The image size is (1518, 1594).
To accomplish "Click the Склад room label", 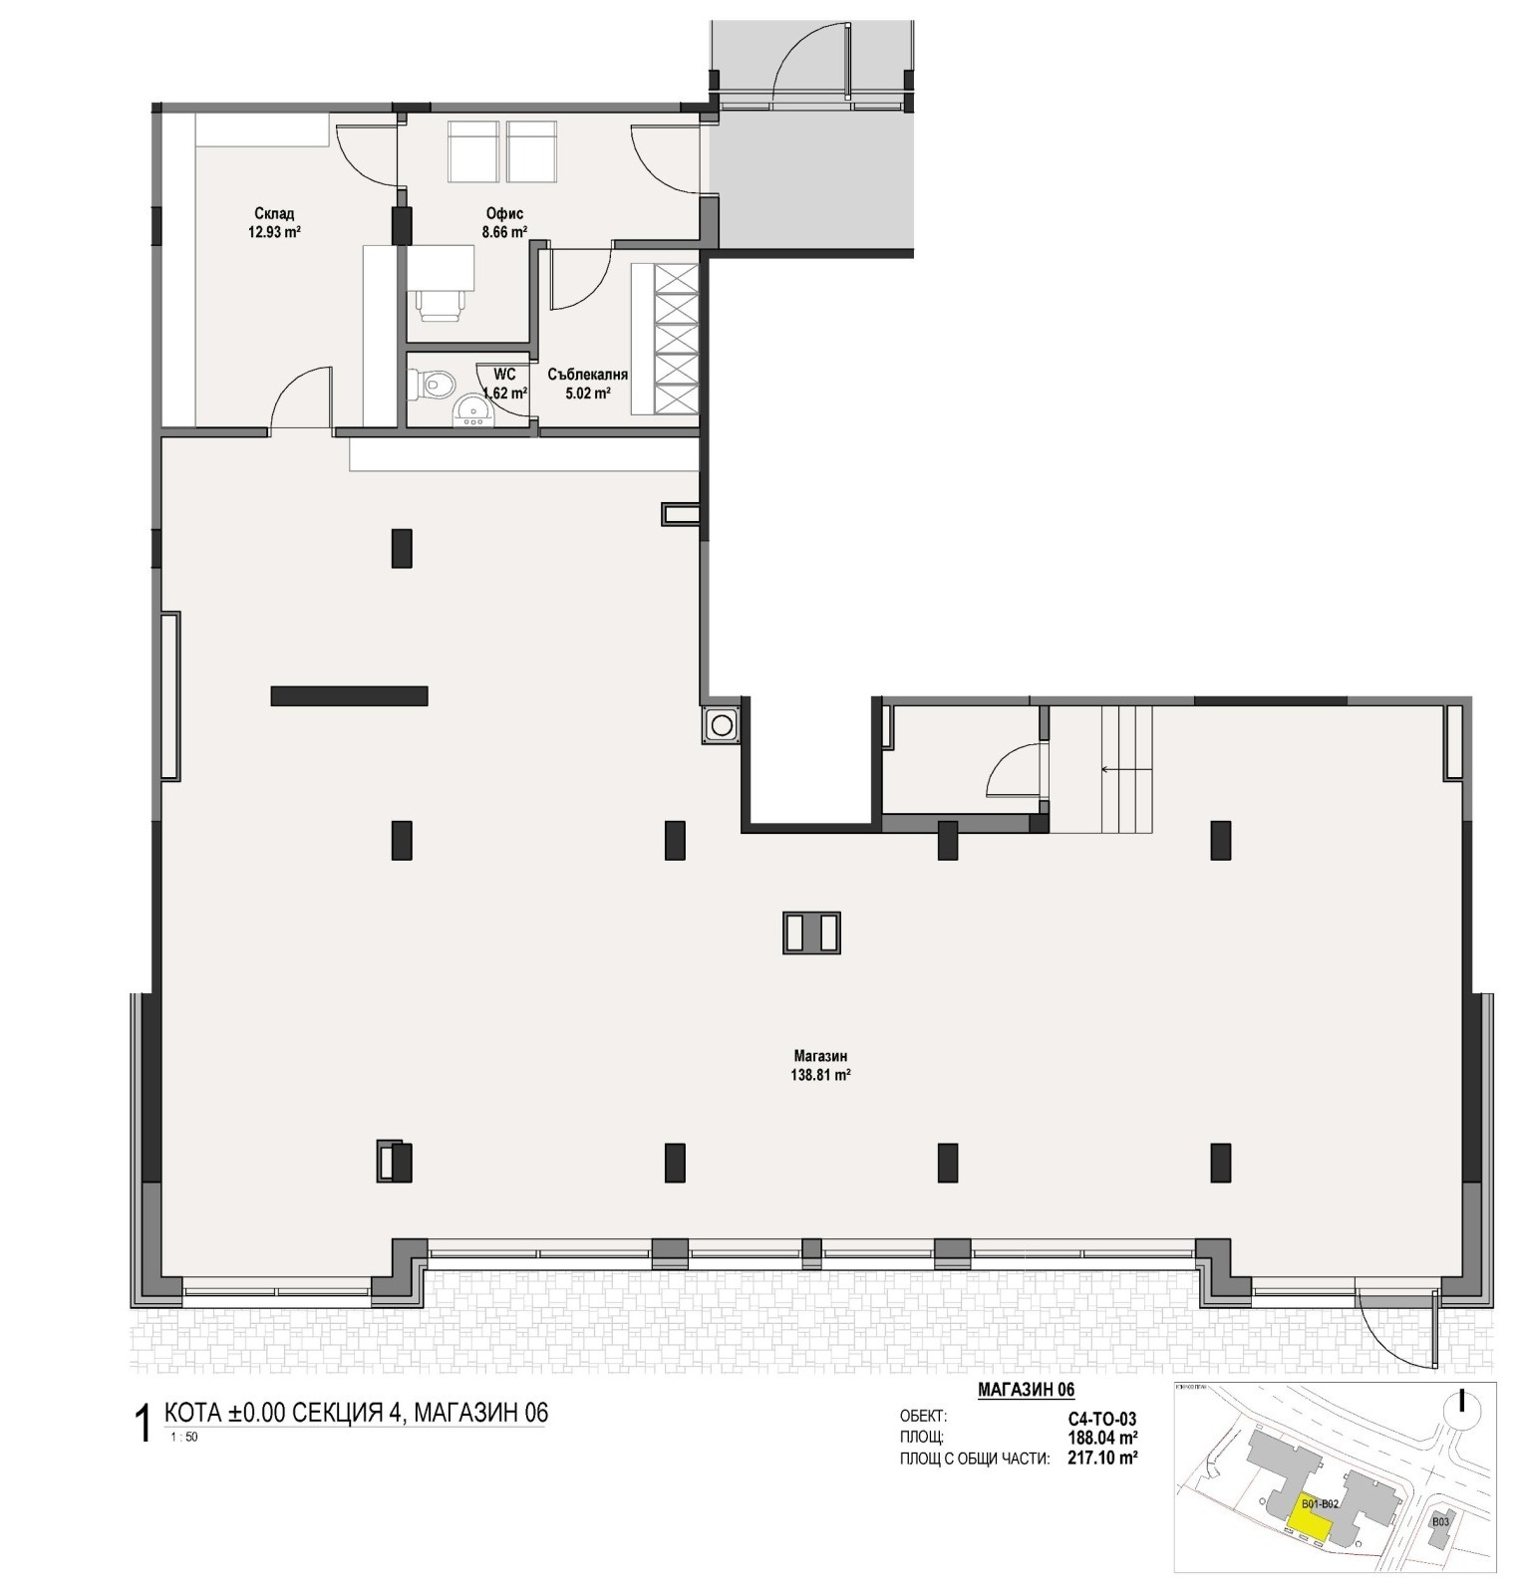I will pos(273,214).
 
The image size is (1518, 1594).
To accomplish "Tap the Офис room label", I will pos(504,214).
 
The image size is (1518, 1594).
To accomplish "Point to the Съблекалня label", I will pos(587,376).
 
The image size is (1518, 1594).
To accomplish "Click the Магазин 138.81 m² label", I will pos(821,1065).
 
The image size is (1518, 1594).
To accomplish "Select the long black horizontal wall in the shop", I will pos(349,695).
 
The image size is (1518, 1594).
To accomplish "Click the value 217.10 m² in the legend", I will pos(1103,1457).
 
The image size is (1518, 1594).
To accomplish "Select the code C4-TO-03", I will pos(1102,1420).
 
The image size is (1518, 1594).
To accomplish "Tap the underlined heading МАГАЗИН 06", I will pos(1026,1390).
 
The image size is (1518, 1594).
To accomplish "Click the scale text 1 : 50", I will pos(184,1437).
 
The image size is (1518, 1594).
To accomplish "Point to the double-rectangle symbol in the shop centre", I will pos(811,933).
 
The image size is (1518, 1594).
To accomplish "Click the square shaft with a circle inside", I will pos(721,724).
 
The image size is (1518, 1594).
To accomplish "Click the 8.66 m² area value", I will pos(504,232).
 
